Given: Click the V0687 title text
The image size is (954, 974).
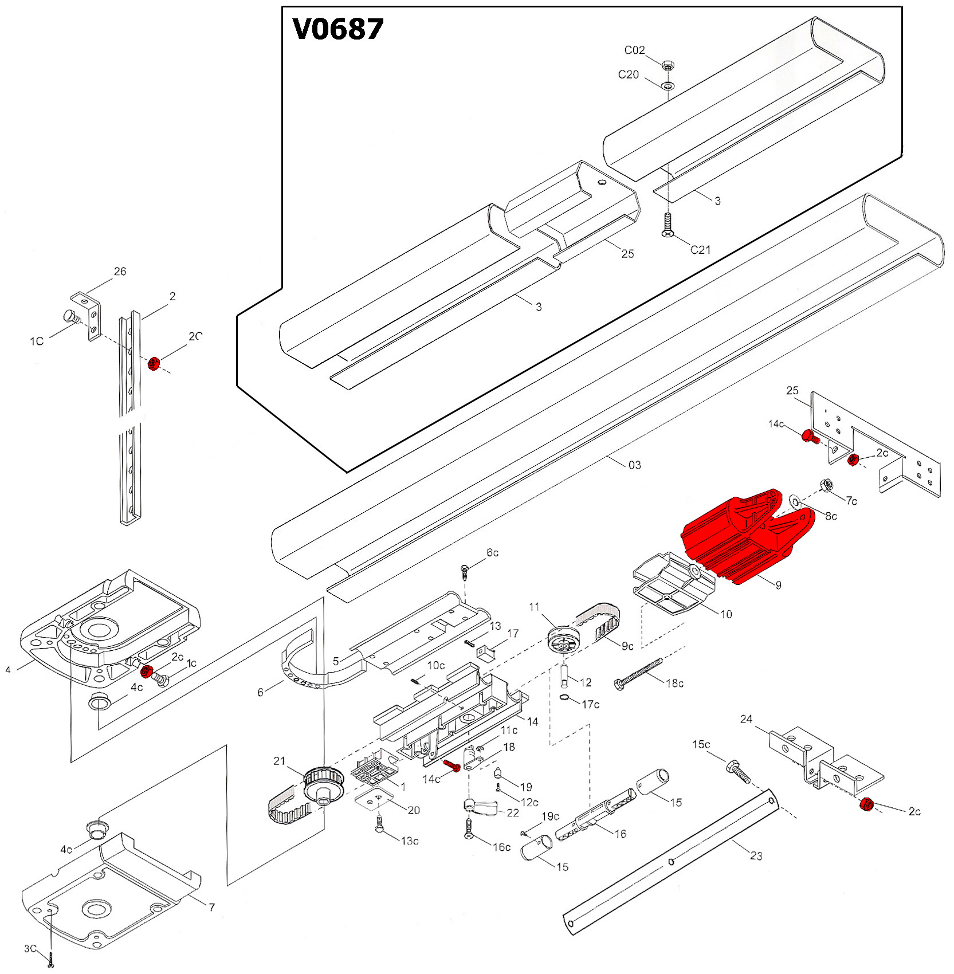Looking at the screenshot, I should point(337,29).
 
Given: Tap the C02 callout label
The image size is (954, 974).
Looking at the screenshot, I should point(634,50).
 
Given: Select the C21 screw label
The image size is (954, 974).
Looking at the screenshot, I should point(700,250).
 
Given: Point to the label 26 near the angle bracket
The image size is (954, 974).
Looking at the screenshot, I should point(120,271).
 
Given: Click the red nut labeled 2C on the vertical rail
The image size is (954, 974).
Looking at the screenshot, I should point(153,363).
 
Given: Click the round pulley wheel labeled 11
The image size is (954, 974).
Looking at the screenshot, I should point(565,639).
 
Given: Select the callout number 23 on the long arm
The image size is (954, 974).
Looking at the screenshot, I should point(756,855).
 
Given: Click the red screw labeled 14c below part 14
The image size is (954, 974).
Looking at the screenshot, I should point(452,765).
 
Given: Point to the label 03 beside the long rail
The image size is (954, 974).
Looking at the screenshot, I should point(634,465).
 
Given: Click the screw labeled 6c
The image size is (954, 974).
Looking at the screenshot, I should point(465,571).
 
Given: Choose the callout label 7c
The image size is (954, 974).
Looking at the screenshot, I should point(851,501).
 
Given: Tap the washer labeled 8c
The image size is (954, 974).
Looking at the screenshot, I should point(795,500).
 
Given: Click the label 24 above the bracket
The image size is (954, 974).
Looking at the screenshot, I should point(746,719).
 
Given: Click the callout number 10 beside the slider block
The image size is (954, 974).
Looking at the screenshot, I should point(726,614).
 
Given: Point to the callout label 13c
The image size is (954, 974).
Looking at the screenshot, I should point(409,841).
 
